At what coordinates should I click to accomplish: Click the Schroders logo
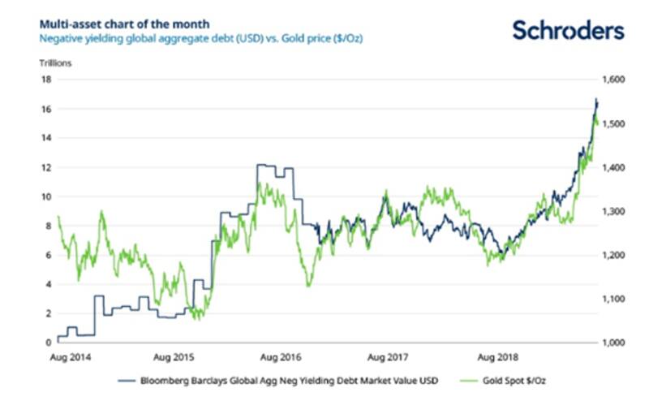coord(568,30)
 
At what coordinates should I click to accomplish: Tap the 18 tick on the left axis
coord(47,80)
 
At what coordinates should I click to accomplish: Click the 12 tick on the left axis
coord(47,167)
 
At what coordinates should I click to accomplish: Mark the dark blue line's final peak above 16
coord(595,100)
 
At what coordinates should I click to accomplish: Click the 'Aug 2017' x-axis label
coord(385,356)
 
